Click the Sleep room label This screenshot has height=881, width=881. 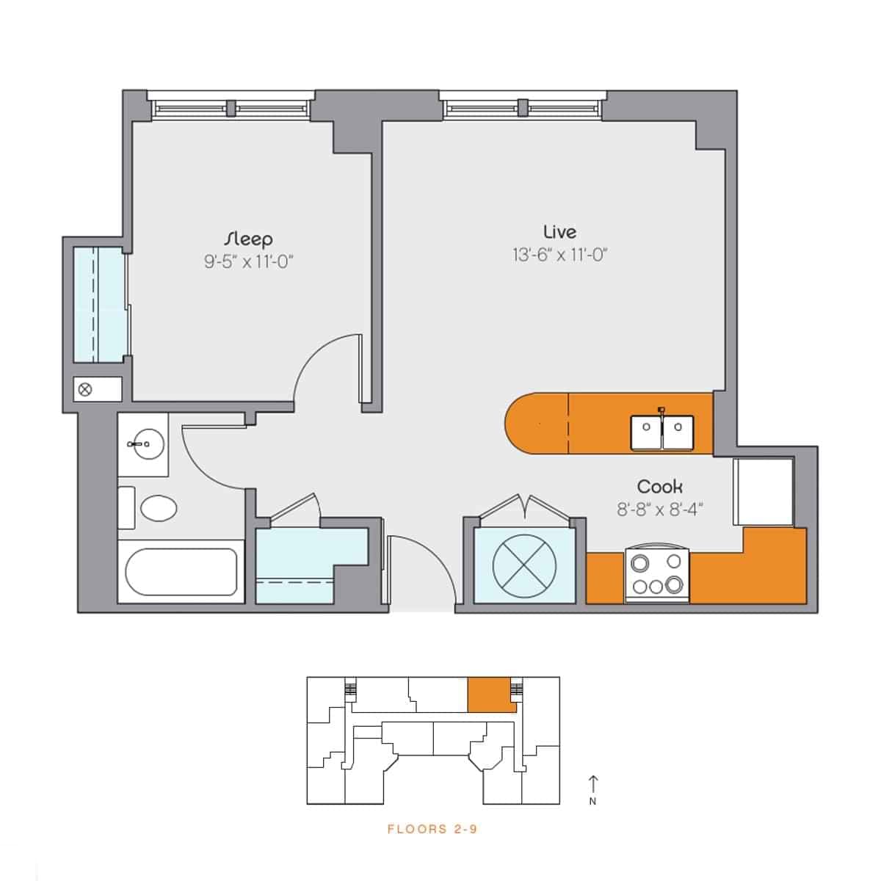tap(249, 239)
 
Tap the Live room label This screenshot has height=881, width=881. tap(559, 232)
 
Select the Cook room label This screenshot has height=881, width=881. tap(659, 487)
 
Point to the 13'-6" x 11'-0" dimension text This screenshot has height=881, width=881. tap(560, 255)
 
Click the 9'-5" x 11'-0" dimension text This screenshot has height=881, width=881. tap(249, 262)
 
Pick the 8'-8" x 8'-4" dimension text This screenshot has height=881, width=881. tap(659, 510)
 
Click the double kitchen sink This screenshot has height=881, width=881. tap(662, 432)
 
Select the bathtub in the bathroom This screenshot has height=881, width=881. tap(181, 571)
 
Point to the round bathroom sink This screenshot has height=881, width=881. tap(143, 443)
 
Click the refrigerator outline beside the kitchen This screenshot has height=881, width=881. tap(764, 491)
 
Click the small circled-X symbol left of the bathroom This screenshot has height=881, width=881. tap(85, 389)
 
